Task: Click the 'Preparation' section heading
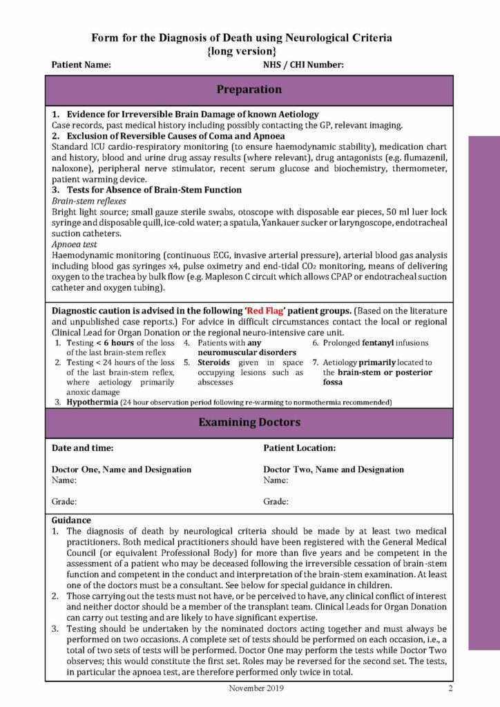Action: tap(249, 90)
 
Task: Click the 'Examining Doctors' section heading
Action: tap(249, 423)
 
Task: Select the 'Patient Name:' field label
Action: tap(81, 66)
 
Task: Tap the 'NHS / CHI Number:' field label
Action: tap(303, 66)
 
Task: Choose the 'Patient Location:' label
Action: tap(299, 448)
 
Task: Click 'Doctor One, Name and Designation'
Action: tap(122, 469)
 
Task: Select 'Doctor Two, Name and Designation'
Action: tap(334, 469)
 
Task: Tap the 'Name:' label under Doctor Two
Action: tap(276, 480)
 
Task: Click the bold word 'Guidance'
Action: tap(71, 520)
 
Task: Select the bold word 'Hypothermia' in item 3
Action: tap(92, 402)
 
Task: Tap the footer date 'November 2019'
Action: tap(249, 688)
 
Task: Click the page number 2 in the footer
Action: tap(450, 688)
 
